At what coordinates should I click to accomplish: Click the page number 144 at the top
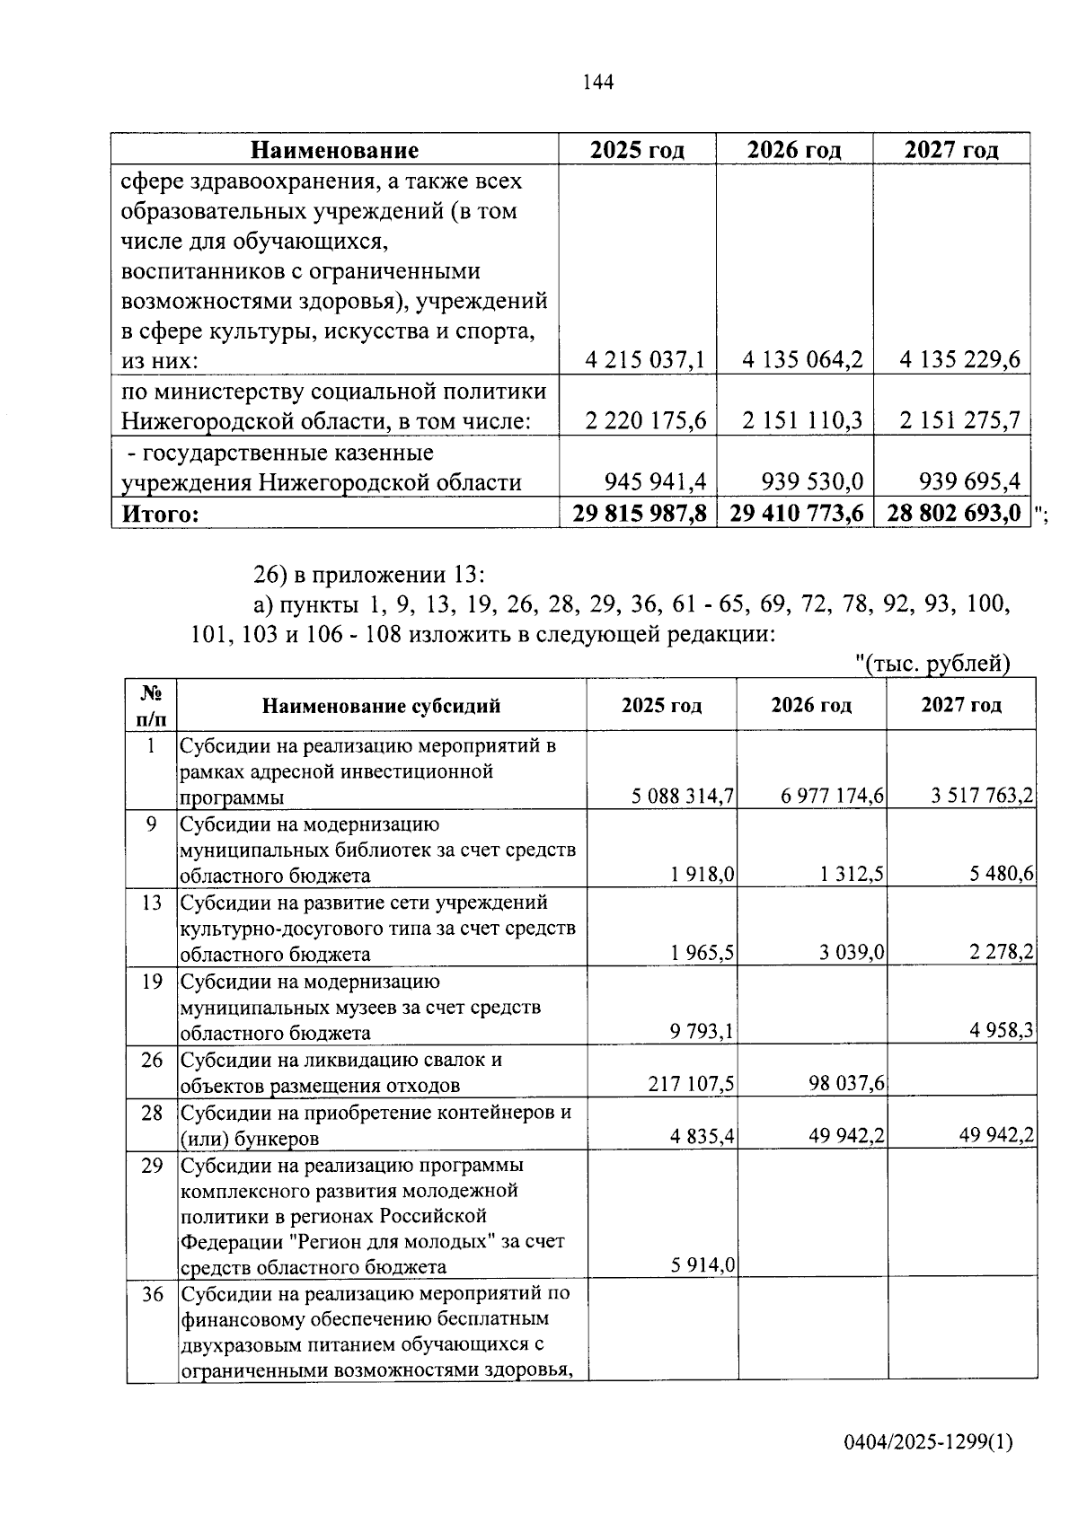[x=597, y=83]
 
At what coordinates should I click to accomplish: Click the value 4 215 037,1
[x=645, y=361]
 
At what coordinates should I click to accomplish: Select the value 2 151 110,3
[x=802, y=421]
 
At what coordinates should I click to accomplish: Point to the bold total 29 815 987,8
[x=640, y=514]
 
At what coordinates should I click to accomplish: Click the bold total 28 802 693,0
[x=954, y=514]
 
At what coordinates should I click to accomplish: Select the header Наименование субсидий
[x=381, y=706]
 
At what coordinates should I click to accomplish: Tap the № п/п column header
[x=152, y=706]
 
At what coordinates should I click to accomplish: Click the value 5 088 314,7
[x=683, y=797]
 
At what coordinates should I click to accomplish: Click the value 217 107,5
[x=691, y=1085]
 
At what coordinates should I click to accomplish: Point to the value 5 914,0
[x=703, y=1266]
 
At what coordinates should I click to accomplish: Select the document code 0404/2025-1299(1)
[x=928, y=1442]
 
